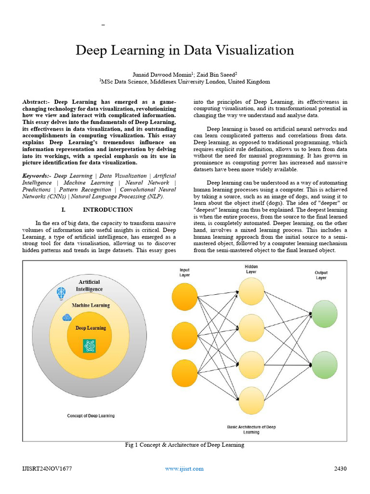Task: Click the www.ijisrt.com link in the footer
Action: point(184,468)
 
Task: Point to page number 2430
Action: point(340,468)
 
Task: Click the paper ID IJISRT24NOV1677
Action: point(47,468)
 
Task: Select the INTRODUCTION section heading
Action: point(107,210)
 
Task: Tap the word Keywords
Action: point(36,176)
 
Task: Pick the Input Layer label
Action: point(185,273)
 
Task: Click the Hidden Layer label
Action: point(251,269)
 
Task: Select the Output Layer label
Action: point(321,275)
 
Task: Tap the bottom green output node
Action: point(325,366)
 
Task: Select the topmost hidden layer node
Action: point(252,291)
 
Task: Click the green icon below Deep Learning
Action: point(89,345)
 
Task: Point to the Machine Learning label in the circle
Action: point(91,305)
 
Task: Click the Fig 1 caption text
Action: point(185,445)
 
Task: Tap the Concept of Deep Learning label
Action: point(91,415)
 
